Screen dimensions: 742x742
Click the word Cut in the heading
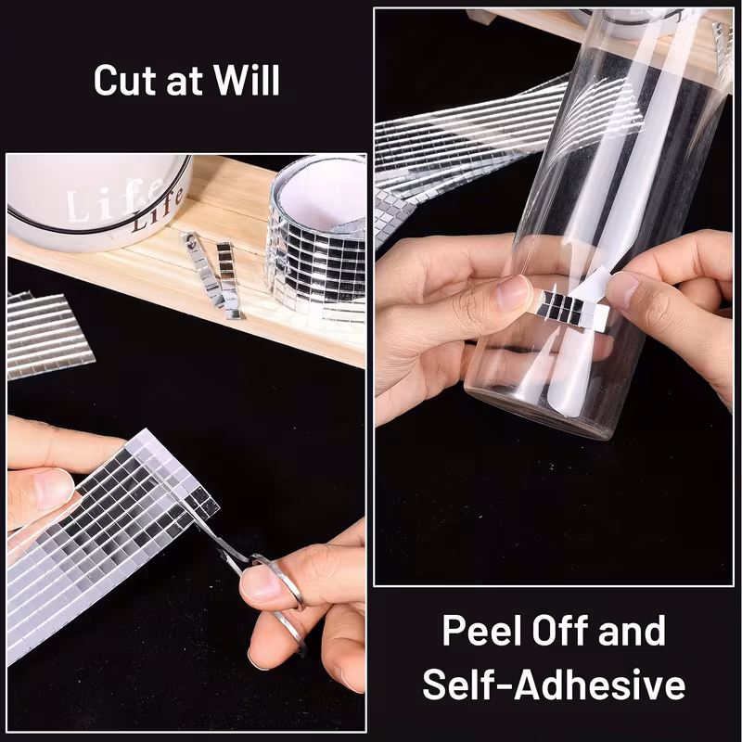click(125, 80)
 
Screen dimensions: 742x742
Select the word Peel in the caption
click(483, 631)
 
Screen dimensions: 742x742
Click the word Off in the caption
click(560, 631)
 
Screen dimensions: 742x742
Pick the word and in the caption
click(632, 631)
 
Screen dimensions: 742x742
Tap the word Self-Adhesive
click(554, 684)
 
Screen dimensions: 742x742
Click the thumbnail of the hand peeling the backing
click(623, 288)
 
